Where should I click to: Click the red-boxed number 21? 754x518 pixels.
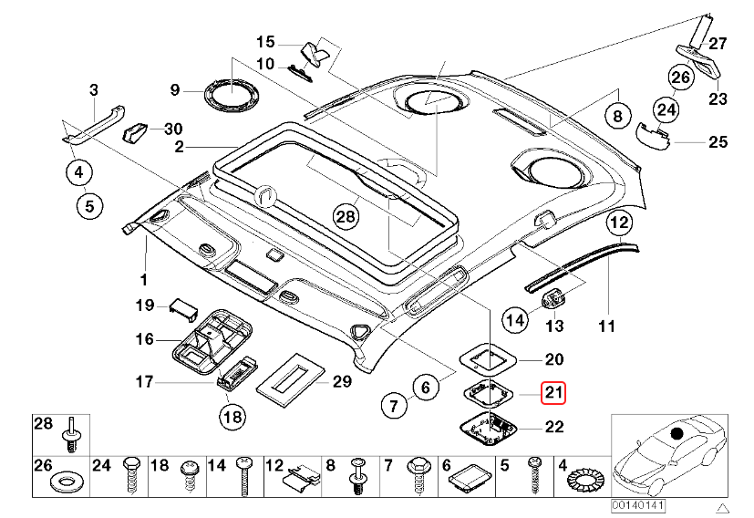click(x=553, y=392)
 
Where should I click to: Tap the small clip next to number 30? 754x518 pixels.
click(x=136, y=131)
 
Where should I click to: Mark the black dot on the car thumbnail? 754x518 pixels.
click(x=676, y=433)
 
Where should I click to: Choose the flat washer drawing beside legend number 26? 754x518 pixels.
click(x=67, y=480)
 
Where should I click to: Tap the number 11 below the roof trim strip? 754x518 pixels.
click(x=607, y=326)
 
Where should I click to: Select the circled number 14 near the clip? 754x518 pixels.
click(x=515, y=319)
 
